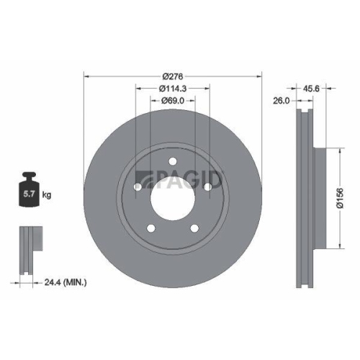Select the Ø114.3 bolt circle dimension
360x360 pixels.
tap(172, 89)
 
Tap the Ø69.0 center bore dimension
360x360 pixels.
tap(172, 101)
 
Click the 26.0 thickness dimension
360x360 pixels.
tap(282, 102)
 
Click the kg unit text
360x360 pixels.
tap(46, 194)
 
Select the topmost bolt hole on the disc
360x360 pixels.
tap(173, 162)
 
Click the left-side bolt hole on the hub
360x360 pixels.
tap(138, 187)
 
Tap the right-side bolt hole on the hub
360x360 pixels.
tap(208, 187)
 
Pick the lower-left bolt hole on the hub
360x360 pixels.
tap(151, 229)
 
